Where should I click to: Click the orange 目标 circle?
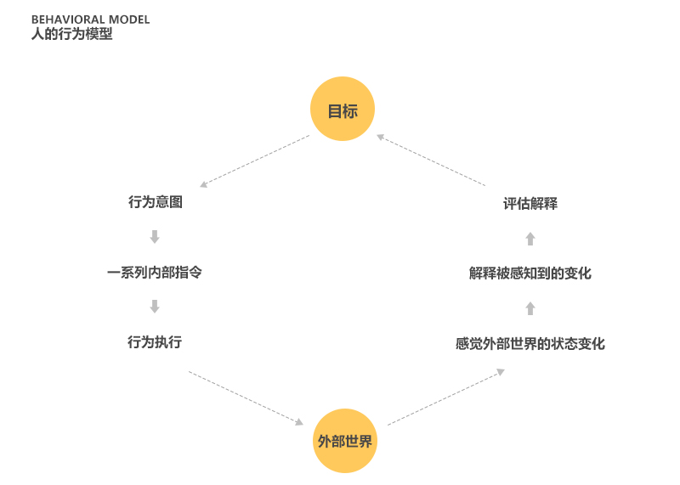pos(343,110)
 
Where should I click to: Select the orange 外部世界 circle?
pos(344,441)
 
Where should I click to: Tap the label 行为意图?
pos(156,203)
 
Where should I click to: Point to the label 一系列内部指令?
pos(155,273)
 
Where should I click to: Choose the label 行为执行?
pos(155,342)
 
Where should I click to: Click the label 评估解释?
pos(530,204)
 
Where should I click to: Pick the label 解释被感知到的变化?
pos(530,274)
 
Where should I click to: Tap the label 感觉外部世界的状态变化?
pos(530,344)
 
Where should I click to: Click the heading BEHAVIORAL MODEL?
pos(90,20)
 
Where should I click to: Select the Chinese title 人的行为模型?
pos(71,35)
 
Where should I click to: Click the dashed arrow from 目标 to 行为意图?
pos(254,161)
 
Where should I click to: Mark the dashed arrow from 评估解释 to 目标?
pos(431,160)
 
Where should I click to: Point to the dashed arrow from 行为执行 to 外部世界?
pos(246,398)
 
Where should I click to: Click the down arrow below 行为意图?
pos(155,237)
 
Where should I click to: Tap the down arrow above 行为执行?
pos(155,307)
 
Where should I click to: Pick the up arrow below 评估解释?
pos(530,239)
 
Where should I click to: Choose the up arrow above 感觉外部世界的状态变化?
pos(530,308)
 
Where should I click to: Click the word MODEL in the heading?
pos(129,20)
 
